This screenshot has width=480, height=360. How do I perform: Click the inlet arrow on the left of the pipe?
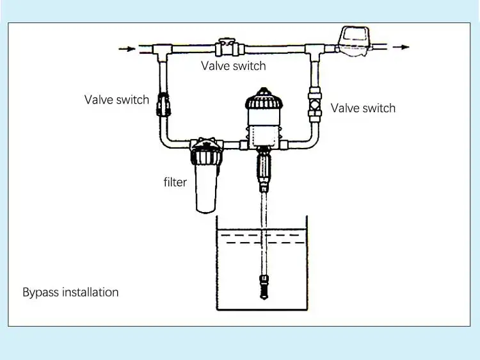127,49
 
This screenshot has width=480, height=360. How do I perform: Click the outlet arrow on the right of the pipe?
401,47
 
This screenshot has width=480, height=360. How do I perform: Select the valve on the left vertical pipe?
163,104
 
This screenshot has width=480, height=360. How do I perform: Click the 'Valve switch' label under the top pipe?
233,66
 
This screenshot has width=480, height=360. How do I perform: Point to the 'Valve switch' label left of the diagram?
116,99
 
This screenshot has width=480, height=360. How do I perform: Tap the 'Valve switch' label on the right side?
363,108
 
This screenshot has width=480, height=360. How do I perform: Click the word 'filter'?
175,182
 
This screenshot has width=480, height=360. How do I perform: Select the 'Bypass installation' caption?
70,292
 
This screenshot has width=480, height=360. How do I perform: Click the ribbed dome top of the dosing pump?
264,99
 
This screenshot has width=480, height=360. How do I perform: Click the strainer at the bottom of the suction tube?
264,287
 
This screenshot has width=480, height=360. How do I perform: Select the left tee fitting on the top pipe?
163,51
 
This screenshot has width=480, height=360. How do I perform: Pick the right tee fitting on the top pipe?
315,52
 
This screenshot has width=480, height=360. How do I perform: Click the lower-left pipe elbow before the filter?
167,140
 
